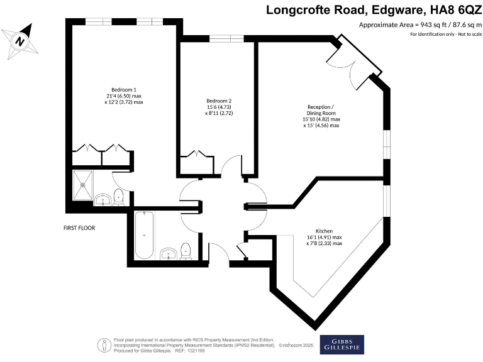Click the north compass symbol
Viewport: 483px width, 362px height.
click(21, 41)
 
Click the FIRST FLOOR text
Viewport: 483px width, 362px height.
click(79, 228)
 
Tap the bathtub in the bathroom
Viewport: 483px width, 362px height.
click(145, 235)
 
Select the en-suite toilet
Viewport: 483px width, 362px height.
click(119, 196)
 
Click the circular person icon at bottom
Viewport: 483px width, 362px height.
click(102, 344)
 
